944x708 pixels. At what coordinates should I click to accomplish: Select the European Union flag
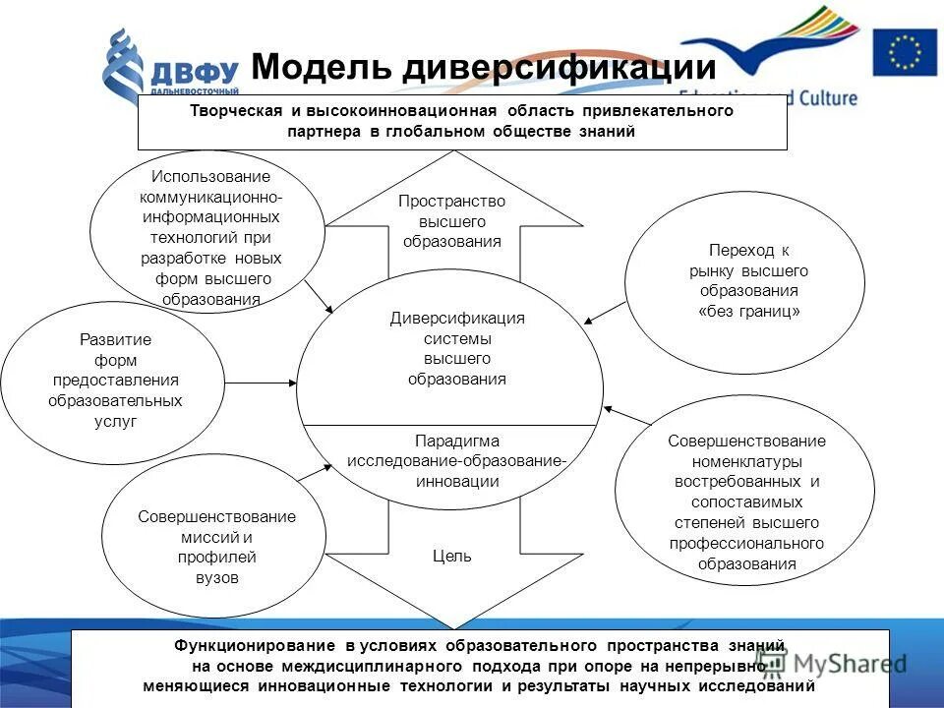[x=905, y=52]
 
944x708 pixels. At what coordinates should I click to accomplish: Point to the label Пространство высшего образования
[x=451, y=221]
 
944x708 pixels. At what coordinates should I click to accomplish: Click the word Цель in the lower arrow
[x=452, y=556]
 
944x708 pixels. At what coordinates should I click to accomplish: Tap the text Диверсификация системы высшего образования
[x=457, y=348]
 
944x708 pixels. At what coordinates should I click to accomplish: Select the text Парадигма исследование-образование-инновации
[x=456, y=461]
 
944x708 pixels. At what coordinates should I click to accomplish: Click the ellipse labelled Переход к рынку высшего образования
[x=744, y=279]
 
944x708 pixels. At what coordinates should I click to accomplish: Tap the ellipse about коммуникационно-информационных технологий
[x=206, y=236]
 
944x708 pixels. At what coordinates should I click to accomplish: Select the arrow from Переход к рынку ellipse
[x=606, y=312]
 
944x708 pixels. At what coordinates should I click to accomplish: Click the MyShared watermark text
[x=843, y=663]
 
